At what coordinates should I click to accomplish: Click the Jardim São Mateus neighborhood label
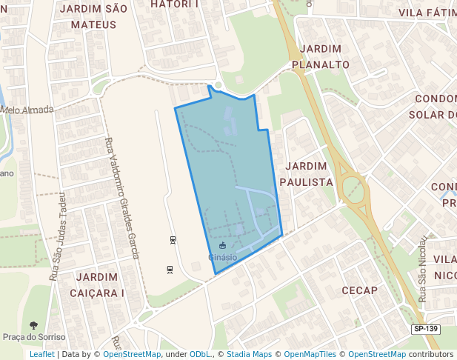pos(93,16)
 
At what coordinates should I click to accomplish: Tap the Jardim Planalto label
pos(321,56)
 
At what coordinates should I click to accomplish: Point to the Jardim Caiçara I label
pos(99,284)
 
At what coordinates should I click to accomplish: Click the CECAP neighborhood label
pos(360,290)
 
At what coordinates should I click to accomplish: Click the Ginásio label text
pos(222,257)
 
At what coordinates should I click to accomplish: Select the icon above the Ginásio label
pos(222,245)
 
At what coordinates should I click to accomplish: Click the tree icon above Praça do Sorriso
pos(33,325)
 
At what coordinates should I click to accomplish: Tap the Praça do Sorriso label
pos(34,337)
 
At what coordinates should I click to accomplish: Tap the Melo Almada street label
pos(27,110)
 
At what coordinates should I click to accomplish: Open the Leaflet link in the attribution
pos(42,355)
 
